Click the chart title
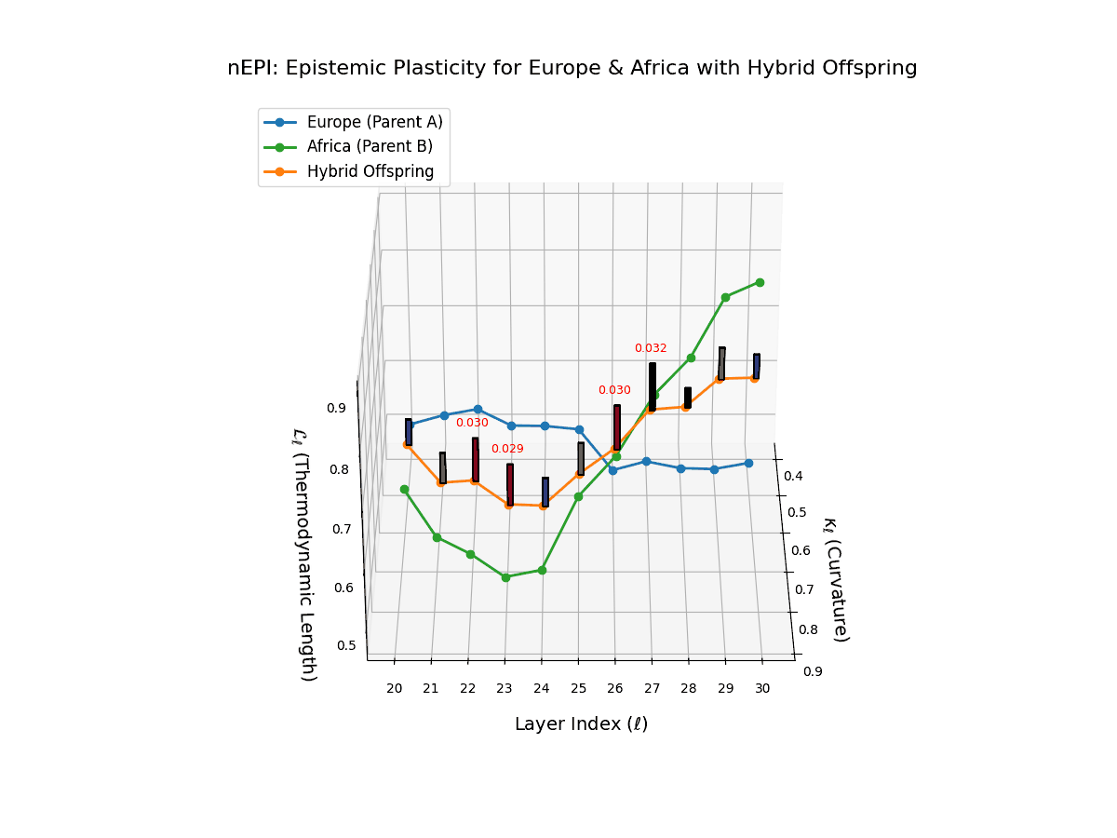[572, 68]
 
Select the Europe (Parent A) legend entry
[374, 122]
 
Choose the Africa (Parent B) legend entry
[370, 146]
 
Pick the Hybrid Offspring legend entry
[370, 171]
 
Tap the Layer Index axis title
[581, 724]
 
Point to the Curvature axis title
[834, 579]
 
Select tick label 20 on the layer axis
[395, 688]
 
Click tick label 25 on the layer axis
[578, 688]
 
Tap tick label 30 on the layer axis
[762, 688]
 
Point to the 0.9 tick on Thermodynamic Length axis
[336, 408]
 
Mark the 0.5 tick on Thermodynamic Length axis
[345, 645]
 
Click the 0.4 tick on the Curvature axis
[793, 477]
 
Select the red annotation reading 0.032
[651, 348]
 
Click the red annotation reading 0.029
[507, 449]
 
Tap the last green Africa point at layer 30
[760, 282]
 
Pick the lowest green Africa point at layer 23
[505, 577]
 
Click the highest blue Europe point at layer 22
[478, 409]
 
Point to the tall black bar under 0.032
[653, 386]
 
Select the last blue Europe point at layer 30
[748, 463]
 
